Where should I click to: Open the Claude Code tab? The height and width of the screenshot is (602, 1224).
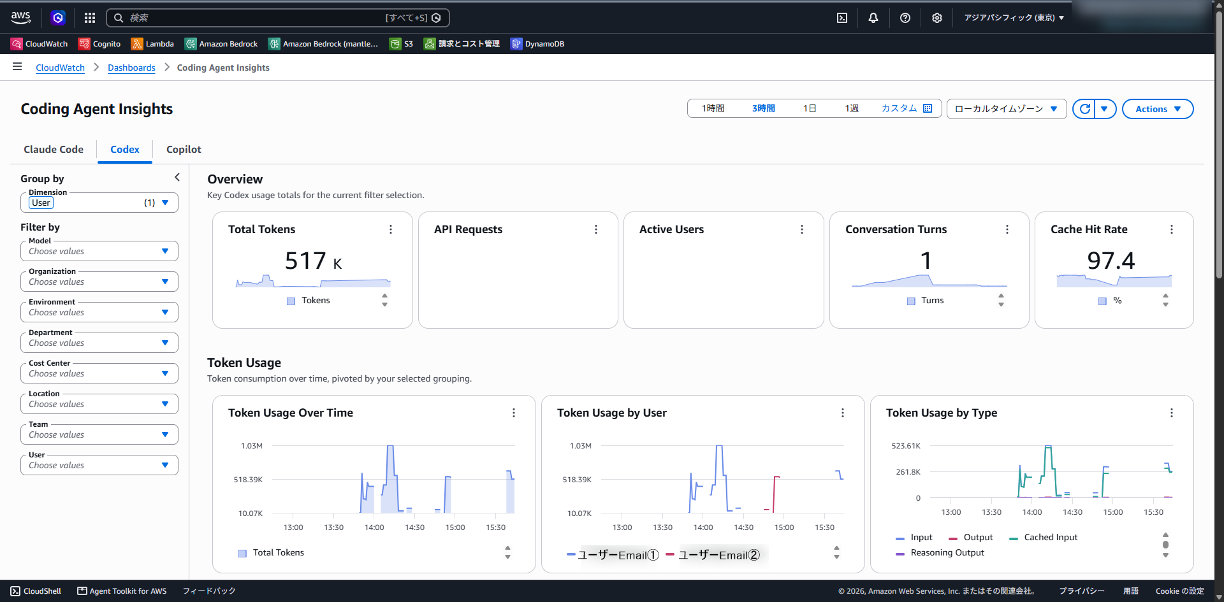54,149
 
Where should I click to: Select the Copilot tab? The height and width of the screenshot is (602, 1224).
184,149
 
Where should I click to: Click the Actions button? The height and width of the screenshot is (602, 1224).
1158,109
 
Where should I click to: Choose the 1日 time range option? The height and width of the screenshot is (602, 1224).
810,108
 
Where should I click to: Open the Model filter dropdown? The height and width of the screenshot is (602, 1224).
99,251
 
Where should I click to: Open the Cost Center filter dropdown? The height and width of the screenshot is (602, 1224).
99,373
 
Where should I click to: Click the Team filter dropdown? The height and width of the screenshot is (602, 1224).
99,434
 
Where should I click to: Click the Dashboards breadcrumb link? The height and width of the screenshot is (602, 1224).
131,68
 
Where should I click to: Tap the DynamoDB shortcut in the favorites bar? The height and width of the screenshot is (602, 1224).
537,44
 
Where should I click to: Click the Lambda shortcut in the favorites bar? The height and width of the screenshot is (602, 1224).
152,44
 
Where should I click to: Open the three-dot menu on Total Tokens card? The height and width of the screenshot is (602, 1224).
391,229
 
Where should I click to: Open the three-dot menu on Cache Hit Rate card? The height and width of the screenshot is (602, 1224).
1172,229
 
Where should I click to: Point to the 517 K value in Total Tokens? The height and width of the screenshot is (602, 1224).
314,261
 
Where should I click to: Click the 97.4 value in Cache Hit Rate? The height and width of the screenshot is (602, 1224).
1111,261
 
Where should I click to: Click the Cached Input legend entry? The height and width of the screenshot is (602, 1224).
1044,538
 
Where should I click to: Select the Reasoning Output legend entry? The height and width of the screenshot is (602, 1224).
940,553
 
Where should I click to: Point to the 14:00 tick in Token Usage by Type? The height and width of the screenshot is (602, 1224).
1032,512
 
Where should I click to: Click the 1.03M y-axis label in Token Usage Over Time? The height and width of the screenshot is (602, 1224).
252,446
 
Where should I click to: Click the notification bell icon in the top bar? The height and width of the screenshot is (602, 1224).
873,18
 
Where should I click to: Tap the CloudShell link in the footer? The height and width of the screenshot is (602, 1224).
36,591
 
